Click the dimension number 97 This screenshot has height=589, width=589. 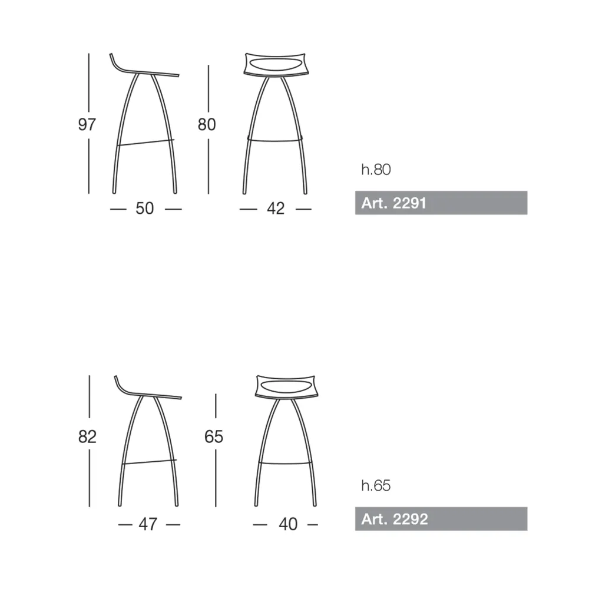pos(87,124)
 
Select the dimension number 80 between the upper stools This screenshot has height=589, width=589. pos(207,124)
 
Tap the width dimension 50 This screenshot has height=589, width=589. pos(145,209)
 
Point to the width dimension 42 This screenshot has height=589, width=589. pos(276,209)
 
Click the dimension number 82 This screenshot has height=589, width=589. pos(87,436)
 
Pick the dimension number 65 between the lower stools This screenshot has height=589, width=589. pos(214,436)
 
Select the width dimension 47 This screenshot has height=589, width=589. pos(148,524)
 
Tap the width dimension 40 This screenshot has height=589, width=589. pos(288,524)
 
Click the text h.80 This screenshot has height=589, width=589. pos(376,170)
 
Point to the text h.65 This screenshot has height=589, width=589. pos(376,486)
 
